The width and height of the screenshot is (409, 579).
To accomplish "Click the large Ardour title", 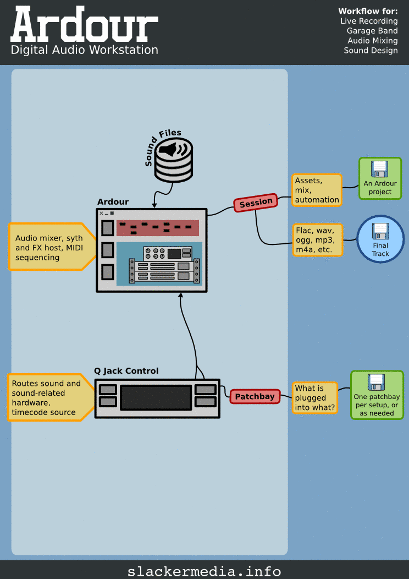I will pos(84,25).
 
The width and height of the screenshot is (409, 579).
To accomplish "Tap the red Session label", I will pos(256,203).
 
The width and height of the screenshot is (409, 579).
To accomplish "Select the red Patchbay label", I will pos(255,396).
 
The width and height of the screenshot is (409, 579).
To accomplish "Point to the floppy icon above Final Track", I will pos(380,231).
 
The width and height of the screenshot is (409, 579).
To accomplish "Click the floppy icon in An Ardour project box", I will pos(380,170).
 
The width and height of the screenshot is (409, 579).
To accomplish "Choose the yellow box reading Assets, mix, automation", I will pos(317,190).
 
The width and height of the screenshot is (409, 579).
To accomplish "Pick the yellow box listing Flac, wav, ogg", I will pos(317,239).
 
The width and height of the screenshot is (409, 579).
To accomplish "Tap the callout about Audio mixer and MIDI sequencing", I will pos(49,247).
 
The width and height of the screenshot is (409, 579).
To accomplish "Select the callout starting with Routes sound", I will pos(47,397).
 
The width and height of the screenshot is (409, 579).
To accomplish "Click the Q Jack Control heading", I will pos(126,371).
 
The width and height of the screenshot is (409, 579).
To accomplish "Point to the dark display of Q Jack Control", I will pos(156,397).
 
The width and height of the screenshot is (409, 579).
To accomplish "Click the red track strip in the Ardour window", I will pos(159,227).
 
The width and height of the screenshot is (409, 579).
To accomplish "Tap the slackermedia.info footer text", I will pos(204,571).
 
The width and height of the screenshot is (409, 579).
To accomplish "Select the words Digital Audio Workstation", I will pos(84,50).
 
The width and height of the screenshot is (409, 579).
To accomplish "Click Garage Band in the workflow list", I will pos(372,31).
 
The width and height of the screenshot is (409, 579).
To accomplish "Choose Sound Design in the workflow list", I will pos(371,51).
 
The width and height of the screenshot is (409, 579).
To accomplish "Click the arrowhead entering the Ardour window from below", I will pos(180,296).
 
